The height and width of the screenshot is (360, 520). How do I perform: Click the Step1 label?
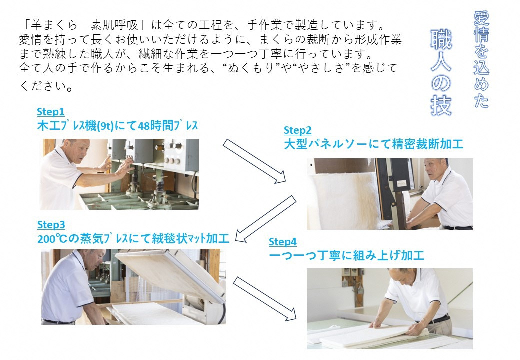click(x=50, y=112)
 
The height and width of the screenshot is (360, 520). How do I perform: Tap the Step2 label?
click(x=298, y=130)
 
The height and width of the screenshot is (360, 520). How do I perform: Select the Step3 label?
click(x=51, y=225)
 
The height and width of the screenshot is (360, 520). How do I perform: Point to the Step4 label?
click(x=283, y=242)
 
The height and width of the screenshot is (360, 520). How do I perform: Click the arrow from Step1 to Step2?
click(x=254, y=161)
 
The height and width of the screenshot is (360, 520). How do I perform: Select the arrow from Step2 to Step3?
click(x=266, y=219)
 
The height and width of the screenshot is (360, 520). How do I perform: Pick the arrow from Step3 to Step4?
click(x=265, y=299)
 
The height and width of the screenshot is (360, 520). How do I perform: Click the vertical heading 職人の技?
click(x=441, y=72)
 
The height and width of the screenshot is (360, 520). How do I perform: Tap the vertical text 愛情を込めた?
click(x=481, y=59)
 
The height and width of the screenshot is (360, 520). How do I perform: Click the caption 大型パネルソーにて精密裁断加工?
click(x=374, y=144)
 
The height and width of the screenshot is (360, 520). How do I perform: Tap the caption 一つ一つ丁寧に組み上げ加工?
click(x=347, y=255)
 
